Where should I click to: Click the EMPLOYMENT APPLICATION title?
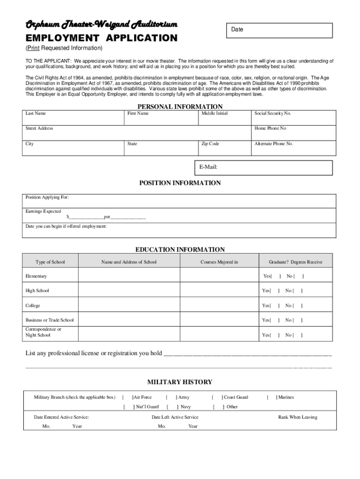coord(101,38)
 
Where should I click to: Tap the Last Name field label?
coord(36,113)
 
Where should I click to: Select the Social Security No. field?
coord(293,117)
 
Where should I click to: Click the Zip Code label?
coord(210,144)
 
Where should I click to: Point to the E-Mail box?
coord(264,167)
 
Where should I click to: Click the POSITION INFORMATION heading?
coord(180,183)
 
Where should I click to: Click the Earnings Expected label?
coord(43,211)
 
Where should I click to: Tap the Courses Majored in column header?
coord(219,262)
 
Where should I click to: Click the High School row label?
coord(37,290)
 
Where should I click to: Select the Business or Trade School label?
coord(50,320)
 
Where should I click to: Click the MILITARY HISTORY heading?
coord(180,382)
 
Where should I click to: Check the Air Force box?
coord(128,397)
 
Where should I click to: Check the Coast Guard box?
coord(217,397)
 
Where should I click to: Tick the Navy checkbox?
coord(172,406)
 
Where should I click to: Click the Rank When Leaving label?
coord(297,417)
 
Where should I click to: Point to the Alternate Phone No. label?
coord(274,144)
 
